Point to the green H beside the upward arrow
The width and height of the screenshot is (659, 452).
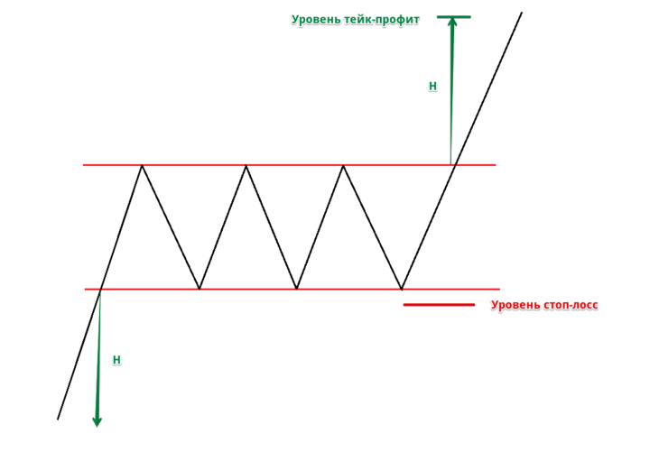[x=433, y=86]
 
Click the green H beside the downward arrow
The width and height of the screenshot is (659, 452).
[x=116, y=360]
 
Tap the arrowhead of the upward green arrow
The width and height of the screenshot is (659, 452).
[x=452, y=22]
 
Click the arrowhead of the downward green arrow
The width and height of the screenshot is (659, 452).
[x=97, y=421]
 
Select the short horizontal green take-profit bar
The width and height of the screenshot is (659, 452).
[x=454, y=17]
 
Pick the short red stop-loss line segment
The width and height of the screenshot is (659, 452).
[x=439, y=305]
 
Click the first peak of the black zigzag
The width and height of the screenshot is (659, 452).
[x=142, y=165]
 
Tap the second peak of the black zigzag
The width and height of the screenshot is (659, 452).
[x=246, y=165]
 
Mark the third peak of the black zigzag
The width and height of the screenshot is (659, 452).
[x=343, y=165]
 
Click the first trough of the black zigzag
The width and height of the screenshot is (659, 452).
[x=200, y=289]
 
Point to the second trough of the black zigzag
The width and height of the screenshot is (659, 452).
[x=297, y=289]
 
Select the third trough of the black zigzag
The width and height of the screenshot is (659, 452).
[x=402, y=289]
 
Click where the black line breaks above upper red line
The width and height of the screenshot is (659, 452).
[x=456, y=165]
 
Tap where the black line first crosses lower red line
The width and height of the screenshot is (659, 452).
[x=101, y=290]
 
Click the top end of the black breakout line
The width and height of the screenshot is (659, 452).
[x=522, y=13]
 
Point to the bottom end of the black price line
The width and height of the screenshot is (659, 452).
[x=58, y=420]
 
